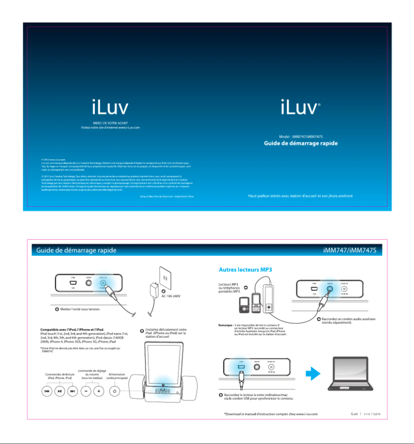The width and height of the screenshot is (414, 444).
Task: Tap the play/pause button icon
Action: [60, 391]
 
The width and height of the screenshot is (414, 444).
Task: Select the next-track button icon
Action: [73, 391]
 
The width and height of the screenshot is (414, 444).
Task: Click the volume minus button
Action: [86, 391]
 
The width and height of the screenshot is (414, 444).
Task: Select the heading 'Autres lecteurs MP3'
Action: [245, 269]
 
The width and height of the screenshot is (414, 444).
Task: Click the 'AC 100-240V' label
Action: [170, 295]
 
